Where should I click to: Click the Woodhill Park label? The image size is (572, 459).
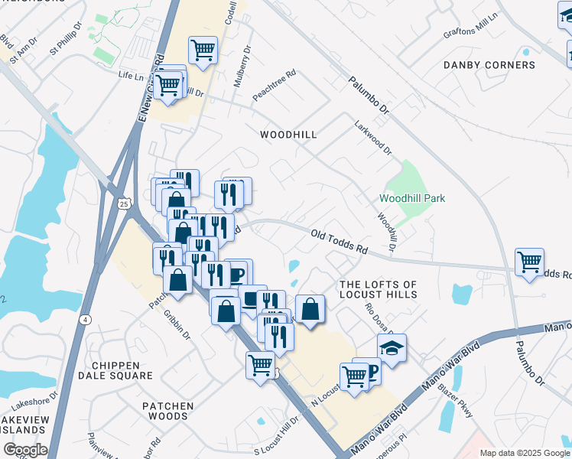click(x=412, y=199)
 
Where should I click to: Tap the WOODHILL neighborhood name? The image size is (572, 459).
click(x=288, y=135)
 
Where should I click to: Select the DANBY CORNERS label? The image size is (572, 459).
click(x=489, y=66)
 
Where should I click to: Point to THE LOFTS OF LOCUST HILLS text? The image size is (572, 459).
click(x=379, y=289)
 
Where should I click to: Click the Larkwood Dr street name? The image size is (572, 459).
click(x=372, y=135)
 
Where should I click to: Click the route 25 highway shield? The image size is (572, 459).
click(x=124, y=203)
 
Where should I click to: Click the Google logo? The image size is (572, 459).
click(x=24, y=450)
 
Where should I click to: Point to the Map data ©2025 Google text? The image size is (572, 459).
click(x=525, y=453)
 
